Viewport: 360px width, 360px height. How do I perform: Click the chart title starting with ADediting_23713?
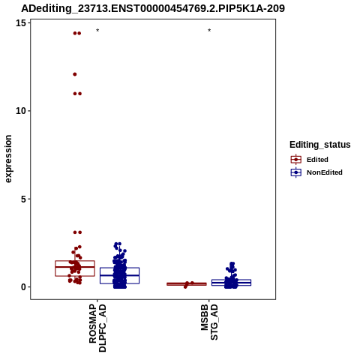click(x=153, y=8)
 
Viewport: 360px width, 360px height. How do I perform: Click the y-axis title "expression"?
click(x=8, y=159)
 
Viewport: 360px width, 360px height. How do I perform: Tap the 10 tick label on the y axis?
click(x=21, y=111)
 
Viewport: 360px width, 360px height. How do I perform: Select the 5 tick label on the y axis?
click(x=24, y=199)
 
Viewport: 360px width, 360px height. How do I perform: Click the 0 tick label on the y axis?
click(x=24, y=287)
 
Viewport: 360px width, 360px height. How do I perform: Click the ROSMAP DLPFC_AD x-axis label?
click(x=97, y=328)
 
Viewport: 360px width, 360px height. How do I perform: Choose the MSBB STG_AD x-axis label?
click(x=209, y=322)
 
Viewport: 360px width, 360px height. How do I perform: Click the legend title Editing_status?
click(x=320, y=145)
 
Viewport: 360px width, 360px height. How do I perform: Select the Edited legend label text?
click(x=317, y=160)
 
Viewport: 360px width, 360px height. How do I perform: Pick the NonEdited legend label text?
click(x=325, y=172)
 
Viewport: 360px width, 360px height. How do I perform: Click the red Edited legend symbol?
click(x=296, y=159)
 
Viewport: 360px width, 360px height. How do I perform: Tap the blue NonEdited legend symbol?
click(x=296, y=172)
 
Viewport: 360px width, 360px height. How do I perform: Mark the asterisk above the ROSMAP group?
click(x=97, y=31)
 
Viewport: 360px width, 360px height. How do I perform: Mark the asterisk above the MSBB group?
click(x=209, y=31)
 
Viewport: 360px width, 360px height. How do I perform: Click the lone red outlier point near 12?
click(x=75, y=74)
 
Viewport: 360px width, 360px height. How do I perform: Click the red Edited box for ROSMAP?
click(x=75, y=261)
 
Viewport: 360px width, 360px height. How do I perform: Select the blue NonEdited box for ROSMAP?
click(x=119, y=268)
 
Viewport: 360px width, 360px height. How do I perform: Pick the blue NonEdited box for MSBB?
click(x=231, y=280)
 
